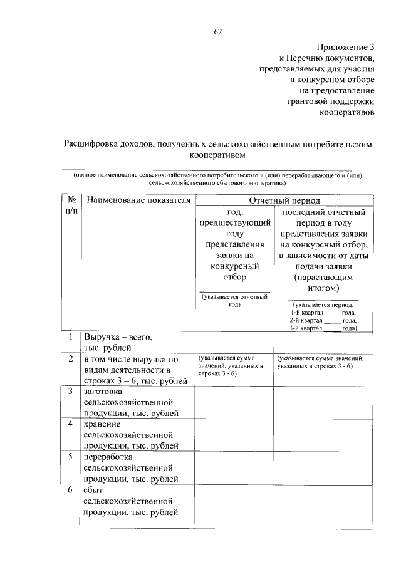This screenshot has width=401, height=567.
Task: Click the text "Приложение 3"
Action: (345, 47)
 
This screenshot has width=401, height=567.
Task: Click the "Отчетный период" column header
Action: (284, 200)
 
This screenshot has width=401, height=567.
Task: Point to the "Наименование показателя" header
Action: (138, 200)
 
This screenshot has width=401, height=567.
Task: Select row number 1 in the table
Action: (71, 338)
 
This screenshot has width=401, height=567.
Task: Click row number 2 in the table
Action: (71, 358)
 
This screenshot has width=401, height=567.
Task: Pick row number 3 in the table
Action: (71, 390)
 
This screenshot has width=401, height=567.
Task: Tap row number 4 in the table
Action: (71, 424)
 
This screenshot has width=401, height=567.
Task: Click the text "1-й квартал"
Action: (306, 311)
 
